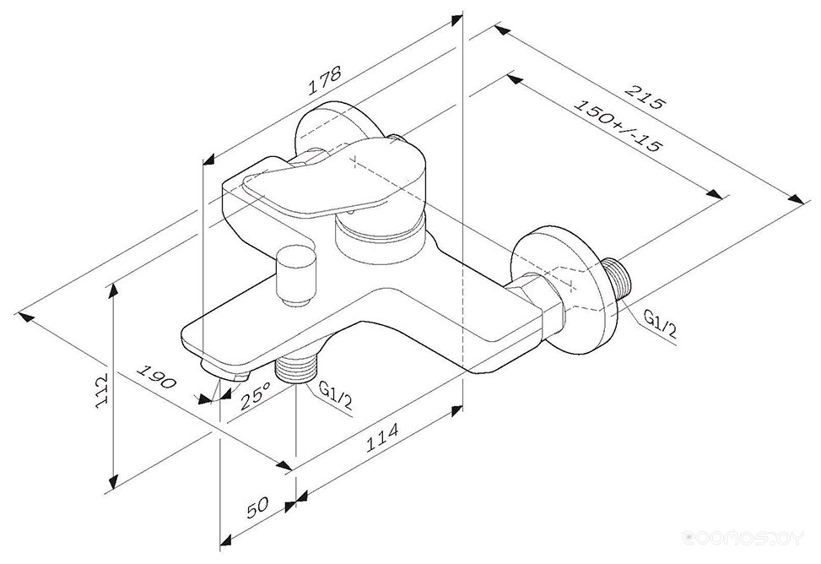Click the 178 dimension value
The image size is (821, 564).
tap(324, 80)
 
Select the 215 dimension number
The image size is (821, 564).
tap(644, 97)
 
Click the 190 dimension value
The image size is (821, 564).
tap(156, 377)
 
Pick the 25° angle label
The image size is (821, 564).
tap(256, 395)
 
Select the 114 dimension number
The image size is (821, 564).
tap(381, 437)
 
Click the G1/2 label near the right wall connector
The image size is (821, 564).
tap(660, 324)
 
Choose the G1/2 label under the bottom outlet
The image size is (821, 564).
tap(336, 396)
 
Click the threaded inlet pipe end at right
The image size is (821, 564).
tap(618, 279)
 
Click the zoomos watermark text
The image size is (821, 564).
tap(743, 537)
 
